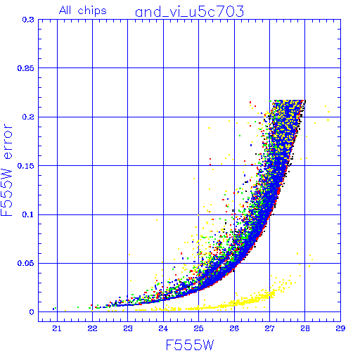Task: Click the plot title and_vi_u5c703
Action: point(190,12)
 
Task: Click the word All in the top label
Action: point(65,11)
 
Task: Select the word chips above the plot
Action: point(92,11)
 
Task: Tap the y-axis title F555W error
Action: point(6,170)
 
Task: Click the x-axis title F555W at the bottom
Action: point(190,345)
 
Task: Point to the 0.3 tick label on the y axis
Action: point(28,20)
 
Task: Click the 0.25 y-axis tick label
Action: point(26,68)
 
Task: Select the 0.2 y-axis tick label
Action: point(28,117)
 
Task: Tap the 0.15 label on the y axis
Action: point(26,166)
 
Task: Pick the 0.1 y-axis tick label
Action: point(28,214)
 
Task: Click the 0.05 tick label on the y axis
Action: point(26,263)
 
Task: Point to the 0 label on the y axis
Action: point(32,312)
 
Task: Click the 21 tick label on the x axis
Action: point(57,328)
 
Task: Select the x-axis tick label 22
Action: point(93,328)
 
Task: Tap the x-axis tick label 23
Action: point(128,328)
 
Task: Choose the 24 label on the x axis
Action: point(163,328)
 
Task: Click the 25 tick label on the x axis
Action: point(199,328)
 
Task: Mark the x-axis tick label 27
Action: point(269,328)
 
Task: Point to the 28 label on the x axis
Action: point(305,328)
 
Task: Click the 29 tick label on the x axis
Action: point(340,328)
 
